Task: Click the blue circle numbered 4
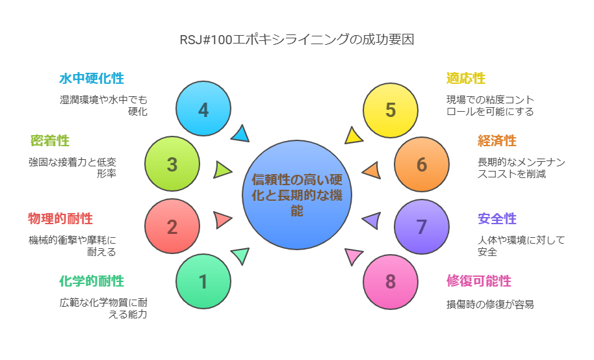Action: click(203, 109)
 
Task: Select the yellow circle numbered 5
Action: click(391, 110)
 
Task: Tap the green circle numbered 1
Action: click(203, 281)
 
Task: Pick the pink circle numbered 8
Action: click(391, 282)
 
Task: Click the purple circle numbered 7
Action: click(422, 227)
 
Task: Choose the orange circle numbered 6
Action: click(422, 164)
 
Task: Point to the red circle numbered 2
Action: click(172, 226)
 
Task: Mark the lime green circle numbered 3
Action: click(172, 164)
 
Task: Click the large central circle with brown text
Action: click(297, 195)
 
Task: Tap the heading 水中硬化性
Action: click(92, 79)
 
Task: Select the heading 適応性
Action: click(465, 79)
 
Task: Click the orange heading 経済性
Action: click(497, 141)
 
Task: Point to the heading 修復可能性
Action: click(479, 281)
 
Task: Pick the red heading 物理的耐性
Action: click(60, 218)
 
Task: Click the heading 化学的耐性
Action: click(92, 281)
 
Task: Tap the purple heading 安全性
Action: click(497, 218)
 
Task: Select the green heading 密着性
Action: click(49, 141)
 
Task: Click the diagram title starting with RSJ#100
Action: click(297, 40)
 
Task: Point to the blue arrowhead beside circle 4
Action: click(241, 134)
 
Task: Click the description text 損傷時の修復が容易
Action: click(490, 304)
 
